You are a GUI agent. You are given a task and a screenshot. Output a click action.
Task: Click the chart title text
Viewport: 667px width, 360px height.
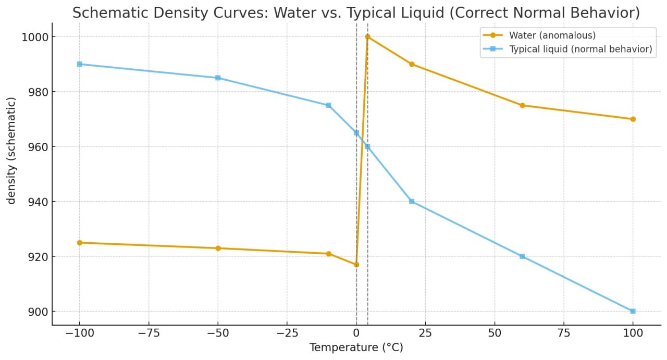click(x=356, y=13)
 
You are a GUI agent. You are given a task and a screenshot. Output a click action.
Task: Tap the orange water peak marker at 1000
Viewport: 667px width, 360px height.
click(x=367, y=37)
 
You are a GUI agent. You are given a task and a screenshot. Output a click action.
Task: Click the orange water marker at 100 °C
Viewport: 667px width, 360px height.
click(x=633, y=119)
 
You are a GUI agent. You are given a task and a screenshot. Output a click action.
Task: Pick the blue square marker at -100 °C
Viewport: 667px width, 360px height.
click(x=79, y=64)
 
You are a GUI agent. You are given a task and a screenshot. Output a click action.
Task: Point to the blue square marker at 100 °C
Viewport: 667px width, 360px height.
click(x=633, y=311)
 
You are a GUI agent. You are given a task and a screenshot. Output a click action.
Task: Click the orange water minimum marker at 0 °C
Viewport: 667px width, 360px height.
click(x=356, y=265)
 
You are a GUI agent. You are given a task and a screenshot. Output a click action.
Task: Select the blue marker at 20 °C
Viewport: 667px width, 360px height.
click(x=412, y=202)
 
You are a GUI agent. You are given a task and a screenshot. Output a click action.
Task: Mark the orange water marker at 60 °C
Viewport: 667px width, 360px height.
click(x=522, y=105)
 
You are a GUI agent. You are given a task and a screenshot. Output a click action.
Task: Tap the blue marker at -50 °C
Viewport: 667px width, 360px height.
click(x=218, y=78)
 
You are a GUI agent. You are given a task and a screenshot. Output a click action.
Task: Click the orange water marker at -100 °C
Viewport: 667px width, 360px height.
click(x=79, y=243)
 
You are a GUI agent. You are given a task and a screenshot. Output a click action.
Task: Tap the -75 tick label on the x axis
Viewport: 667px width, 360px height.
click(x=149, y=333)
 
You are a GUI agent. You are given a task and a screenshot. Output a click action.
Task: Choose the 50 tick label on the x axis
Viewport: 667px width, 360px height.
click(x=495, y=333)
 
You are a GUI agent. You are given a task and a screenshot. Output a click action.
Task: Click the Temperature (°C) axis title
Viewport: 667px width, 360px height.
click(x=356, y=347)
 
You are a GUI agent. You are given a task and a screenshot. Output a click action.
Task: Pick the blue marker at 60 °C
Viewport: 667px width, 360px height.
click(x=522, y=256)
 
